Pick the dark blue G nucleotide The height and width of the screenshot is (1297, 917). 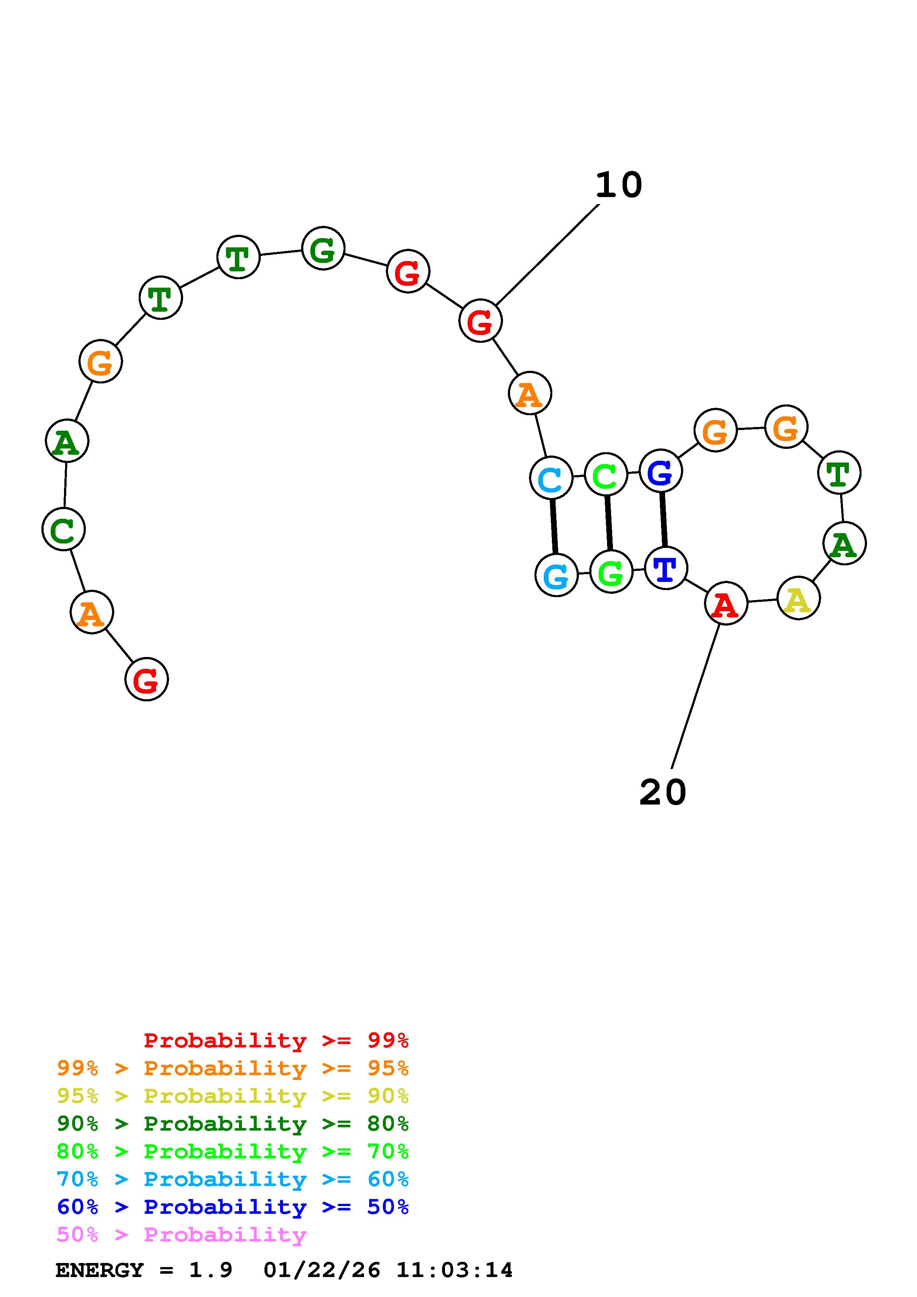[x=661, y=471]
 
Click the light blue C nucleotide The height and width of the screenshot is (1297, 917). [x=551, y=478]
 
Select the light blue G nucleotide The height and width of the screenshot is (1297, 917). [x=557, y=575]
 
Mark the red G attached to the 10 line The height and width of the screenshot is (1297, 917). [x=480, y=321]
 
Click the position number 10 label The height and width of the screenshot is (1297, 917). [x=619, y=185]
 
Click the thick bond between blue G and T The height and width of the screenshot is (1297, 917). [x=663, y=519]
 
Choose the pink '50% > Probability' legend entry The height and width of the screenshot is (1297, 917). [x=181, y=1235]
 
